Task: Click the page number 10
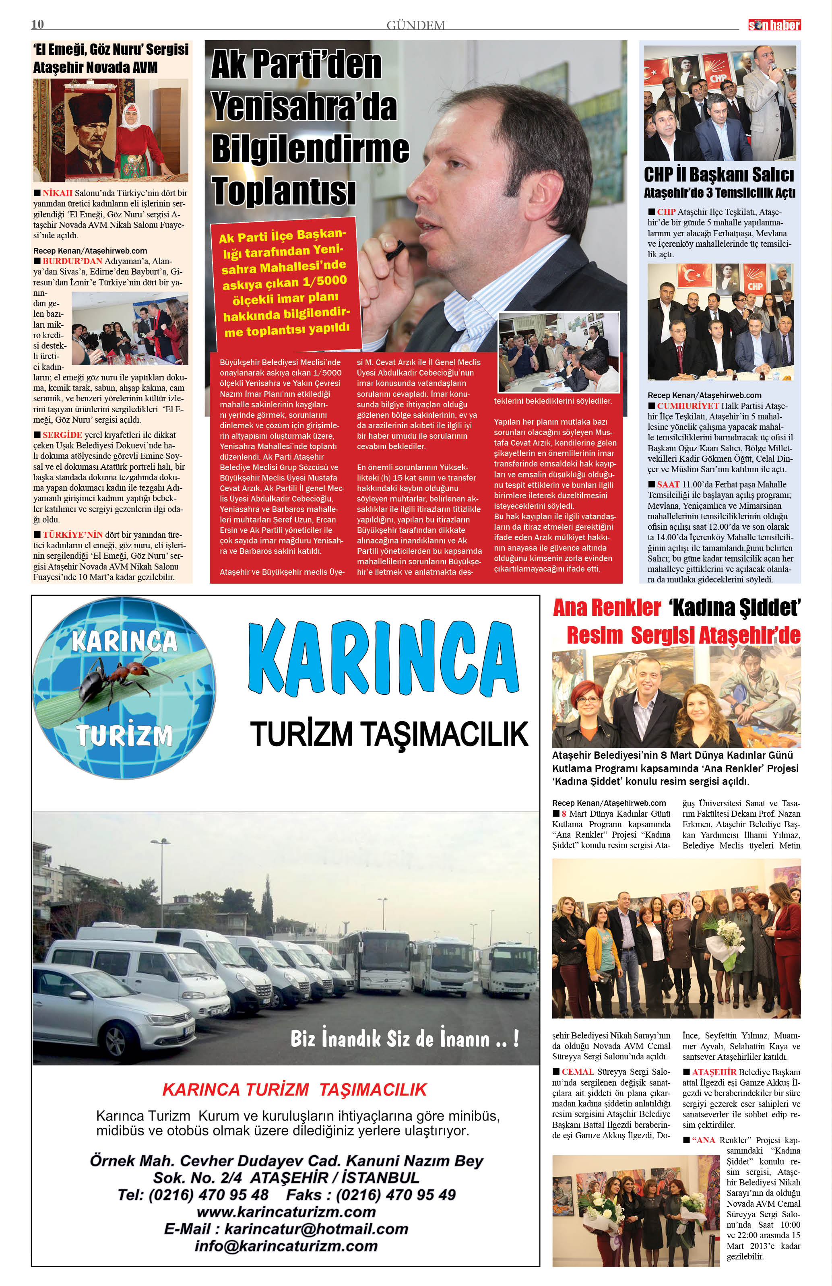tap(38, 24)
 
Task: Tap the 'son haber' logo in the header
tap(774, 25)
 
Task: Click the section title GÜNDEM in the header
tap(415, 25)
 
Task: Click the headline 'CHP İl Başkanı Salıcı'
tap(719, 175)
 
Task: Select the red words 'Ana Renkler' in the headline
tap(606, 608)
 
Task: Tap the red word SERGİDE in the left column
tap(63, 435)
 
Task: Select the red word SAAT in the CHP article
tap(668, 485)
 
